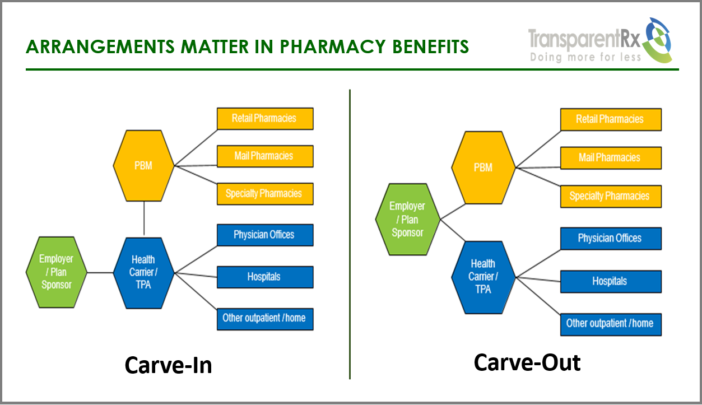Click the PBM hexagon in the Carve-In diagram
tap(144, 166)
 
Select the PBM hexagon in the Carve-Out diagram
tap(483, 167)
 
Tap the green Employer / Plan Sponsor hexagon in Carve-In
tap(56, 272)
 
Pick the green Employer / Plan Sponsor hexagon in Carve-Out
tap(407, 220)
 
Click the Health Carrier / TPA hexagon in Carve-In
tap(144, 273)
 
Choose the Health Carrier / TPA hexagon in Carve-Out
tap(483, 276)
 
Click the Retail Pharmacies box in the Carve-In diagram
tap(264, 118)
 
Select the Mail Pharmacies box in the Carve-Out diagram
tap(610, 158)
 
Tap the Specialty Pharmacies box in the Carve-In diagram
tap(264, 194)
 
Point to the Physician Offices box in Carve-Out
tap(610, 238)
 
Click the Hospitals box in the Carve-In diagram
tap(264, 277)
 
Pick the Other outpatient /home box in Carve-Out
tap(610, 324)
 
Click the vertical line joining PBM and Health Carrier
tap(144, 218)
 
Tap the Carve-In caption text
tap(168, 365)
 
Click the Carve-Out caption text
tap(527, 362)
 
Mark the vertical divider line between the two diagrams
tap(350, 235)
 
